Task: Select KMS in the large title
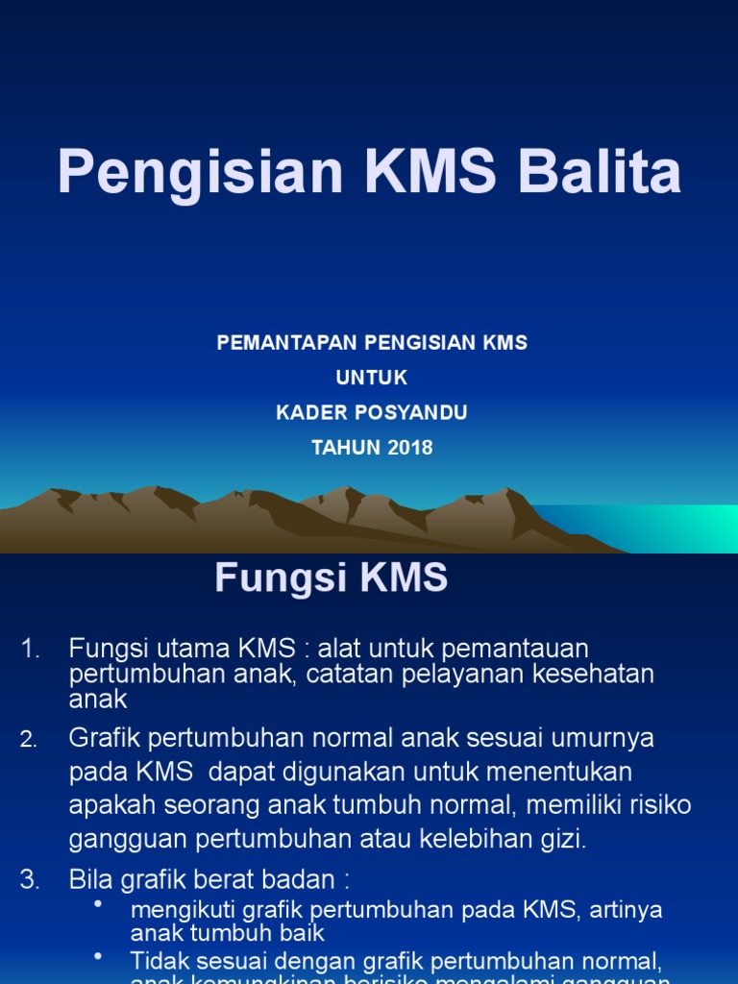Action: point(428,173)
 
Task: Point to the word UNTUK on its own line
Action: point(372,378)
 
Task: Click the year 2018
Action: point(411,448)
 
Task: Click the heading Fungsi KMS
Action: point(331,578)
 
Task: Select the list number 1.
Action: point(31,650)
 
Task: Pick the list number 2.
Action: point(29,739)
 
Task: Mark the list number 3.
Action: point(30,879)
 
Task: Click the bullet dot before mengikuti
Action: point(99,904)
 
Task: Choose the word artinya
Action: point(625,909)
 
